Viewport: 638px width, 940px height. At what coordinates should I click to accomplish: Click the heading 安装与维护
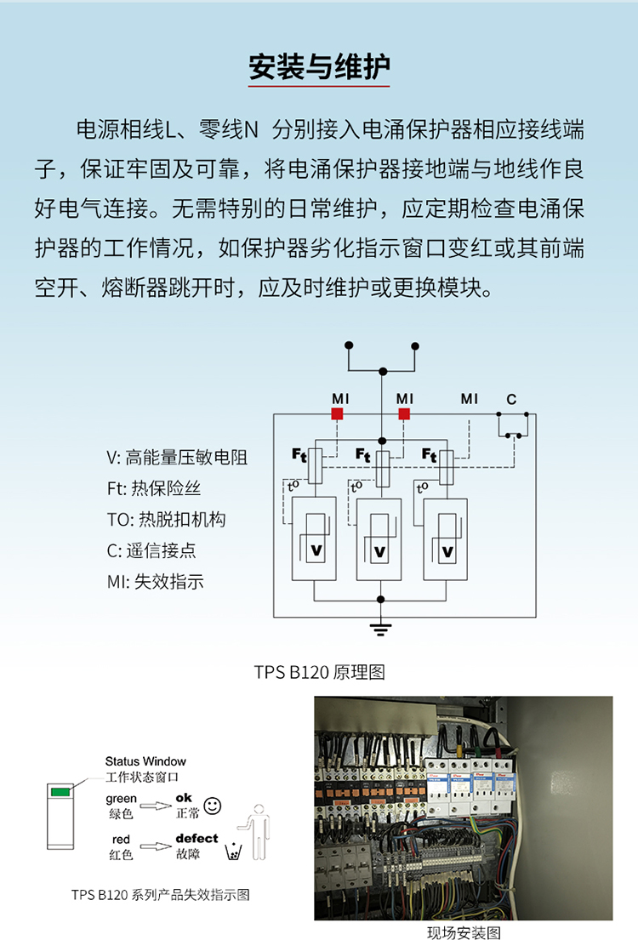(319, 66)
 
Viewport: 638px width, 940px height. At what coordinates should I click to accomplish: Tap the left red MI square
(337, 413)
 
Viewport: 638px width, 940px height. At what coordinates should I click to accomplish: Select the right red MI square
(404, 413)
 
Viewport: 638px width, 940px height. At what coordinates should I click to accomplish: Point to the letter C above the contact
(511, 399)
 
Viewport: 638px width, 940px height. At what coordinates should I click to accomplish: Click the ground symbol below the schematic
(380, 629)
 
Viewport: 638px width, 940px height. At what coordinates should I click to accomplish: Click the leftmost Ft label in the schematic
(299, 455)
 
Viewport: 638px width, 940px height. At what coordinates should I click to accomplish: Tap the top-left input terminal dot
(349, 345)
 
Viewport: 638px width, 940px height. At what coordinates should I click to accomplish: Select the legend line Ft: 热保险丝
(153, 488)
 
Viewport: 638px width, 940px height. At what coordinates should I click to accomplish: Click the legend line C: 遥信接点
(151, 550)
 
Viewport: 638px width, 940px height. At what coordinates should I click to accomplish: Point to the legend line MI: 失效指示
(156, 582)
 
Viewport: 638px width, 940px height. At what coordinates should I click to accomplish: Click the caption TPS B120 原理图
(319, 672)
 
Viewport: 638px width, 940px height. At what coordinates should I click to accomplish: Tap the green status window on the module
(60, 792)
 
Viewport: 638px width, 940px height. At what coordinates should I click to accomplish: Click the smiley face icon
(213, 806)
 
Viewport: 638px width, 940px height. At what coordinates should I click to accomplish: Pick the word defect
(197, 838)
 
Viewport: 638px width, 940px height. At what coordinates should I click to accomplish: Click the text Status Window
(145, 761)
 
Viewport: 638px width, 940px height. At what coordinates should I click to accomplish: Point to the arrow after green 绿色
(156, 806)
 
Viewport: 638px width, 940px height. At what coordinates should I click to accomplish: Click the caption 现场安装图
(464, 932)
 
